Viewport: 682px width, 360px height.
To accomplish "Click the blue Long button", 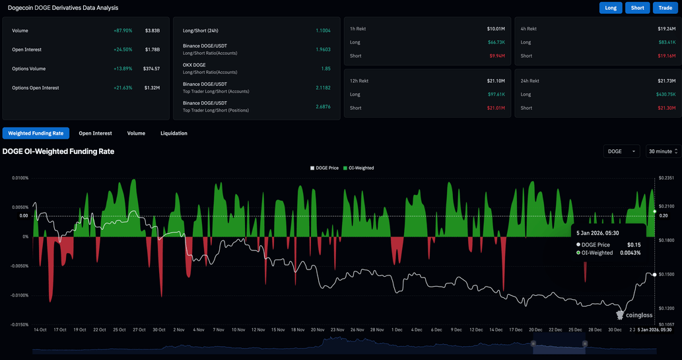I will pos(611,8).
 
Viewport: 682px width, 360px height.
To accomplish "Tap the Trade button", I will pos(665,8).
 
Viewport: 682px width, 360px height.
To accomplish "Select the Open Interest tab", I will pos(95,133).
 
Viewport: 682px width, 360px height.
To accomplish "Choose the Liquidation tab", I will pos(174,133).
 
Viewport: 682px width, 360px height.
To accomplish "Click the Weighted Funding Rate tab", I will pos(36,133).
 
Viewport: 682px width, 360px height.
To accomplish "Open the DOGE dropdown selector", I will pos(621,151).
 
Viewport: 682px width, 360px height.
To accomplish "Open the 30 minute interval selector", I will pos(662,151).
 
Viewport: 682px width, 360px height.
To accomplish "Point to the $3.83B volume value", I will pos(152,31).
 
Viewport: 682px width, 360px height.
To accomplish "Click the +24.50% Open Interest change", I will pos(122,50).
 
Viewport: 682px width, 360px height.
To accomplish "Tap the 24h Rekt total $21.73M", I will pos(665,81).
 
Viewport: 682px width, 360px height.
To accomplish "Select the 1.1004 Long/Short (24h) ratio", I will pos(323,31).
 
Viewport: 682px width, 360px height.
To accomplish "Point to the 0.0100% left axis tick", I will pos(19,178).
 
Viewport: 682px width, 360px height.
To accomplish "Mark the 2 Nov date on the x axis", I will pos(179,330).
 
